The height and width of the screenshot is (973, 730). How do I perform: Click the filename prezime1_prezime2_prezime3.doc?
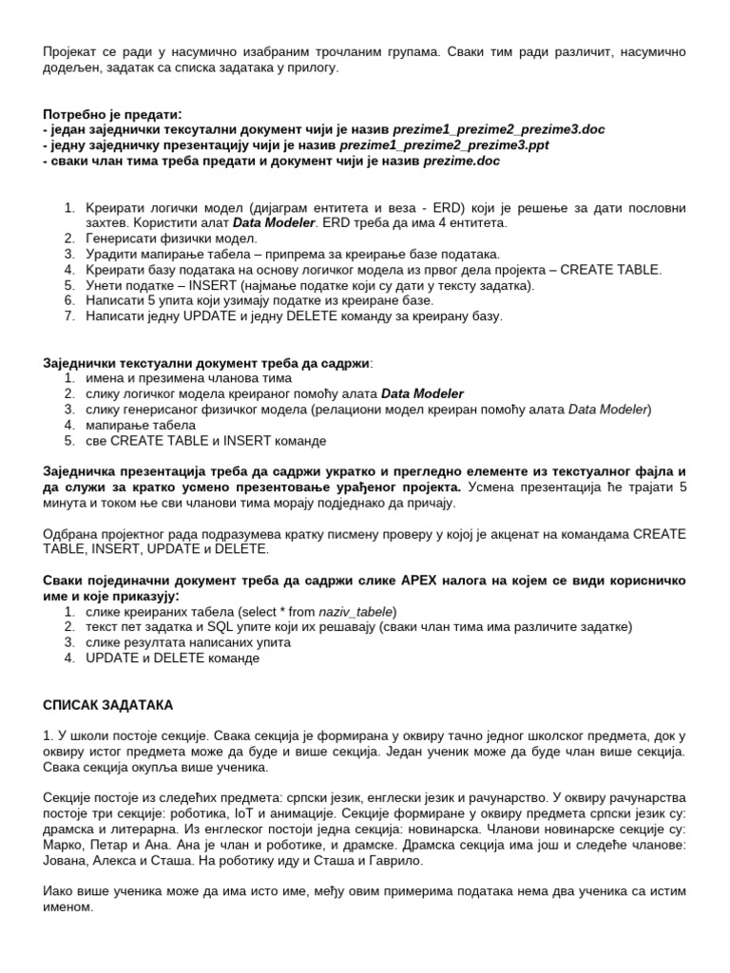click(498, 128)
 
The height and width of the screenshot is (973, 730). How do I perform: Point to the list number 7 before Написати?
click(68, 315)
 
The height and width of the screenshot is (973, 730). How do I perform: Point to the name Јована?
click(64, 861)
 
